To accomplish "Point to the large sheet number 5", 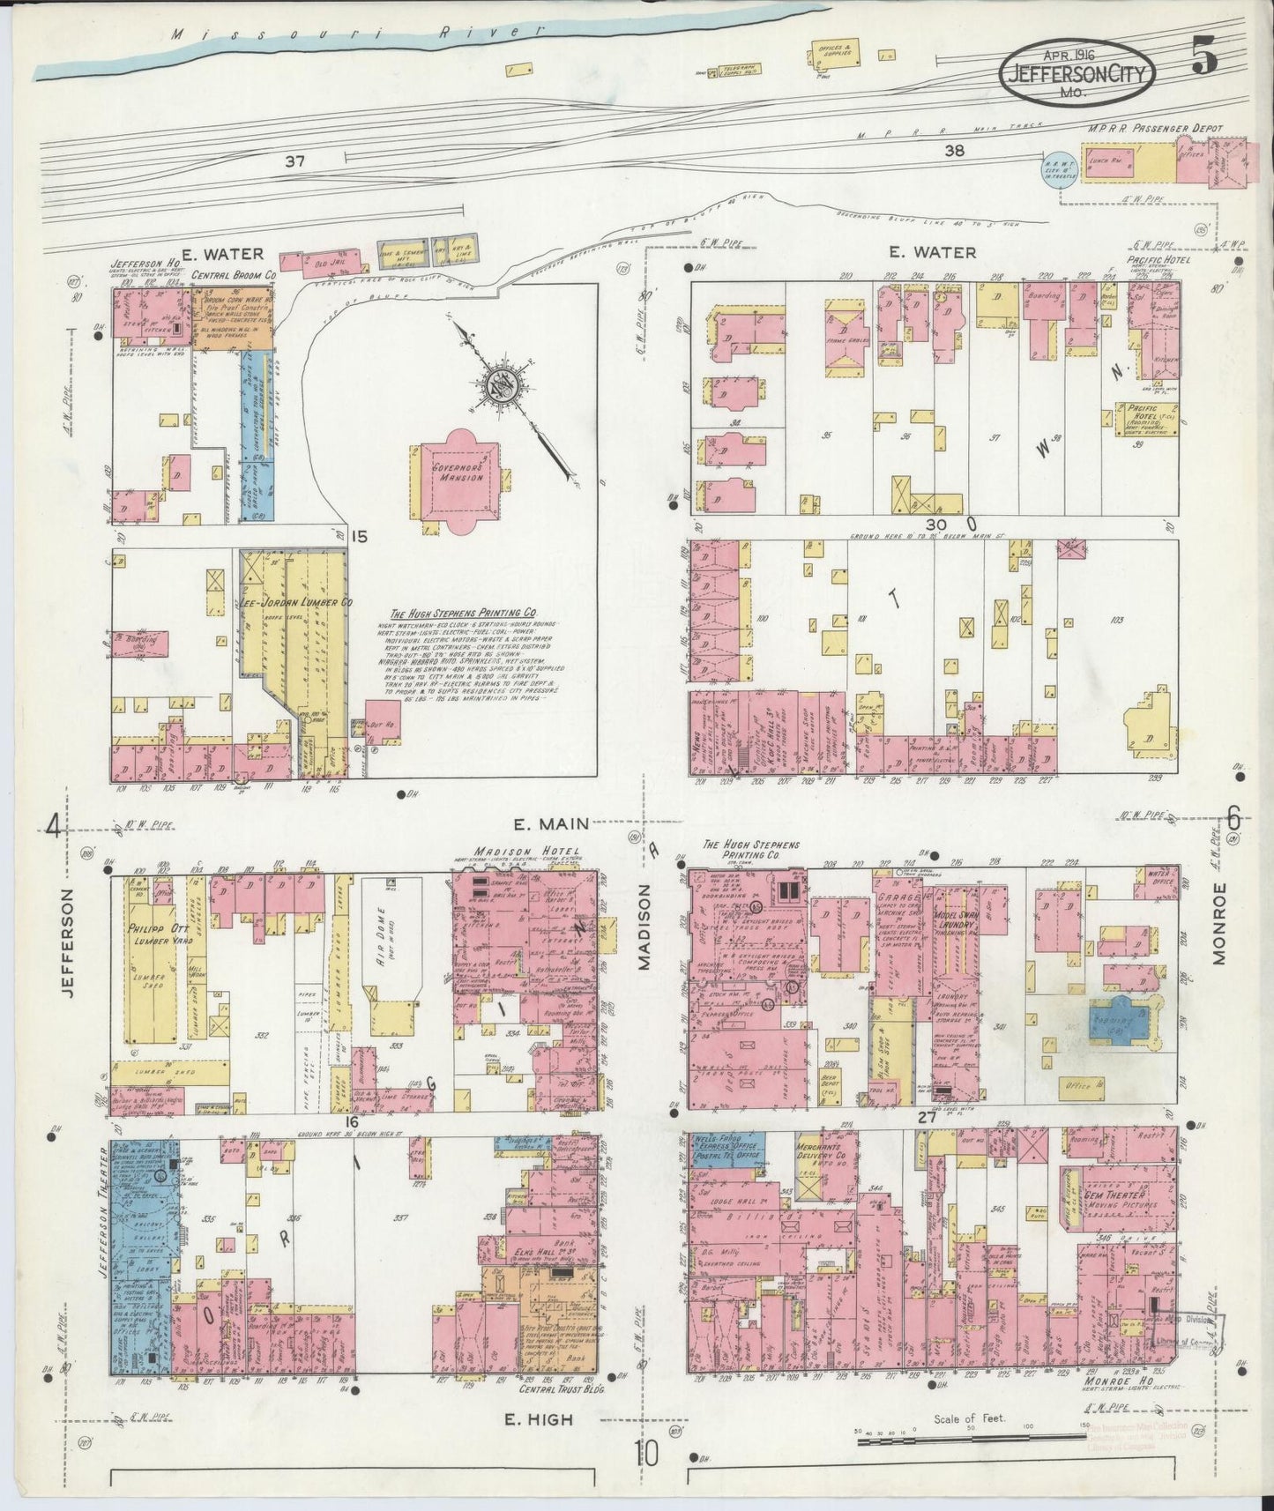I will tap(1204, 57).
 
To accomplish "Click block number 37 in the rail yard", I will tap(295, 161).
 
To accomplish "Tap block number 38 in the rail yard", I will tap(954, 150).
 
